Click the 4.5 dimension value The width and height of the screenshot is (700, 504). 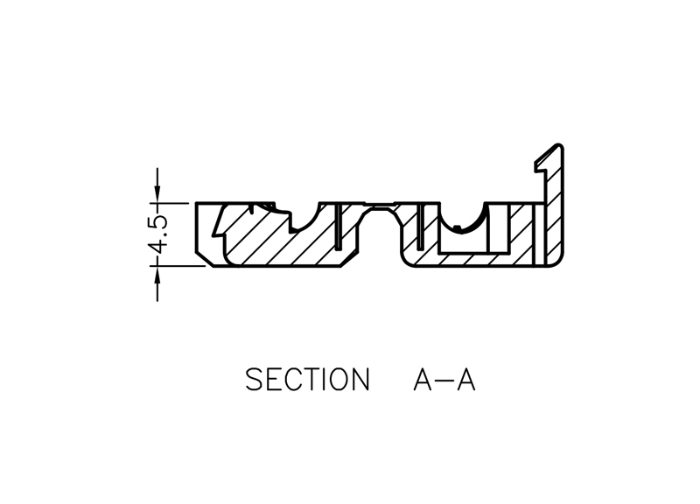[158, 234]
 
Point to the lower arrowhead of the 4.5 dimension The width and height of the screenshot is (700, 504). [158, 272]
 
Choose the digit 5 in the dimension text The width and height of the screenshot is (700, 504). [158, 220]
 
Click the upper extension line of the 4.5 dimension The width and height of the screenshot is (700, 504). [175, 203]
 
